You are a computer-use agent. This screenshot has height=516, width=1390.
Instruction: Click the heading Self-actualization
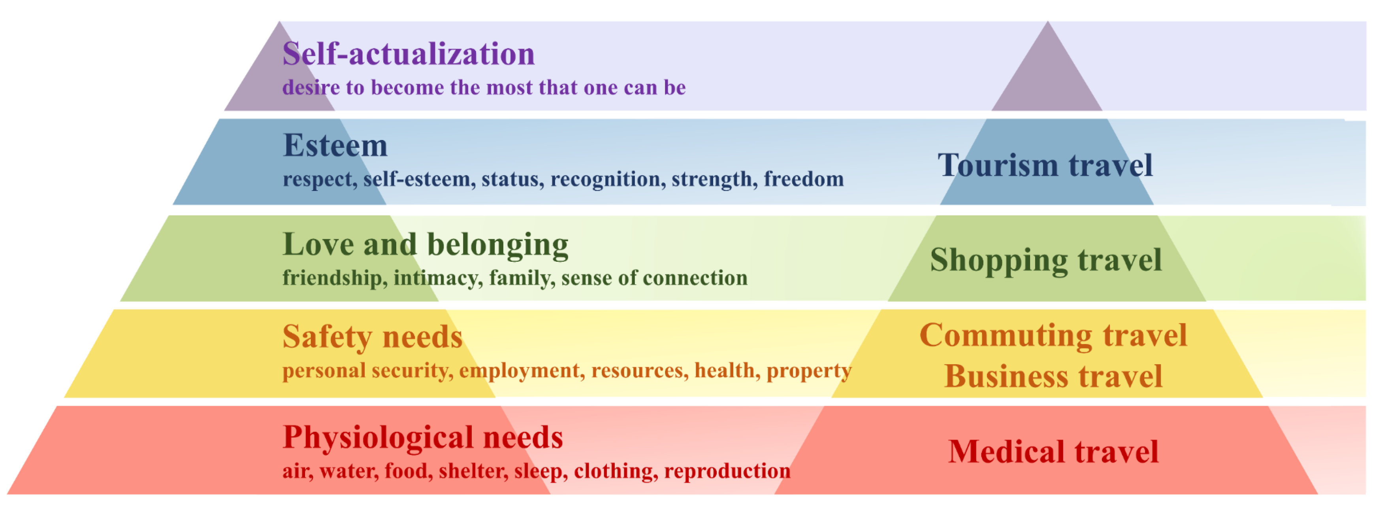(409, 54)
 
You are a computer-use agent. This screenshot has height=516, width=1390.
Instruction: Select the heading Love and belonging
(425, 244)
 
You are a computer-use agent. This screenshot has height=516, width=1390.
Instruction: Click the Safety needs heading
(372, 337)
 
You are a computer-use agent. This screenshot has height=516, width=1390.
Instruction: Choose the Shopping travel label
(1046, 260)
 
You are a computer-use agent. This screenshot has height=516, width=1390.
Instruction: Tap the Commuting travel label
(1053, 335)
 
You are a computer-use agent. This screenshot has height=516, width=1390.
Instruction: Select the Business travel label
(1053, 376)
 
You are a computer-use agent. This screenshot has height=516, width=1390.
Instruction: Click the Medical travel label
(1053, 452)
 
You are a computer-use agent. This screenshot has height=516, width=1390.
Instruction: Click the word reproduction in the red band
(727, 471)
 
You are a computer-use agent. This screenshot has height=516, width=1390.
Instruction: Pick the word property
(809, 371)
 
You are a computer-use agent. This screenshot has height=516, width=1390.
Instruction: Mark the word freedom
(804, 179)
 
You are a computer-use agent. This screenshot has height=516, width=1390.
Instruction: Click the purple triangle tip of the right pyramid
(1048, 22)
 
